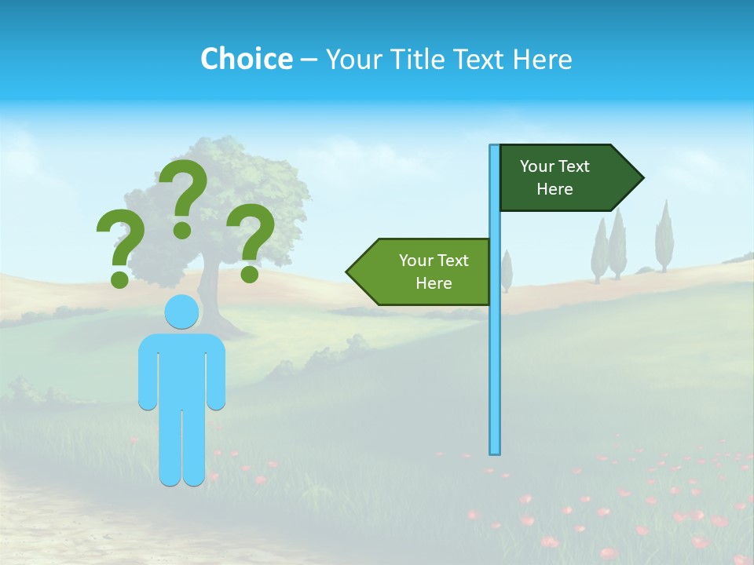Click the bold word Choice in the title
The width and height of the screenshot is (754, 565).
coord(246,59)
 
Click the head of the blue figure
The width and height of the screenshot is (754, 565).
coord(181,312)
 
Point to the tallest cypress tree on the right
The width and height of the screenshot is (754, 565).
coord(664,235)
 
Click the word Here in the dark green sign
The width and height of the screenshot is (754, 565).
coord(555,189)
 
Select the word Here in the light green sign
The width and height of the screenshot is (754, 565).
coord(434,283)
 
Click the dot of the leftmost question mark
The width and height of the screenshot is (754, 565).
coord(119,279)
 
